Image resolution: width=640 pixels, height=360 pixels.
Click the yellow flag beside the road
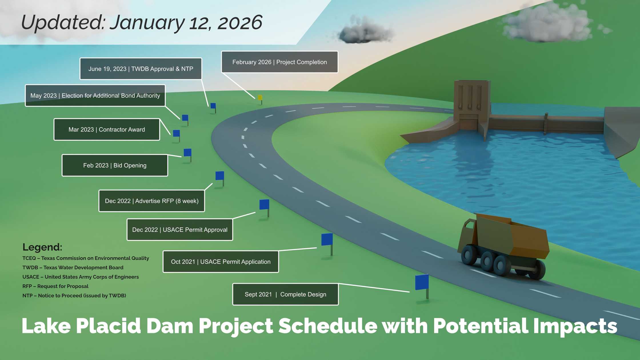[x=260, y=99]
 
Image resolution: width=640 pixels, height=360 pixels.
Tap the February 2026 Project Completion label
[x=279, y=62]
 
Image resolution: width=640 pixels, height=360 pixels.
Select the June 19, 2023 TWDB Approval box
[x=141, y=69]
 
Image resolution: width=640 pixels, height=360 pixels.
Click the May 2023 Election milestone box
[x=95, y=95]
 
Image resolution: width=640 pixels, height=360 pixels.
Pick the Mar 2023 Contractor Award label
[x=107, y=129]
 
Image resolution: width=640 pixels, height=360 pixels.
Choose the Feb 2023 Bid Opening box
[x=115, y=165]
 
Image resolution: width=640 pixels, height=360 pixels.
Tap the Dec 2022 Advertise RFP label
[x=151, y=201]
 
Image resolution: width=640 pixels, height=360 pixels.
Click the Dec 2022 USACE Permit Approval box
[x=180, y=230]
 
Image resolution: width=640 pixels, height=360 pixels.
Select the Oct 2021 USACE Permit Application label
[x=221, y=262]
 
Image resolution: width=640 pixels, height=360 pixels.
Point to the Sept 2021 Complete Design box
[x=285, y=294]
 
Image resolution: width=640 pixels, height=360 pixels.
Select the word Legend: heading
[x=42, y=247]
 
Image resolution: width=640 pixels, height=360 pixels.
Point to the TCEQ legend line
[x=86, y=258]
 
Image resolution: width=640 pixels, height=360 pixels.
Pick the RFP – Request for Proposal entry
[x=55, y=286]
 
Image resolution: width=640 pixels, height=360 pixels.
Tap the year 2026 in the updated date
[x=240, y=23]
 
